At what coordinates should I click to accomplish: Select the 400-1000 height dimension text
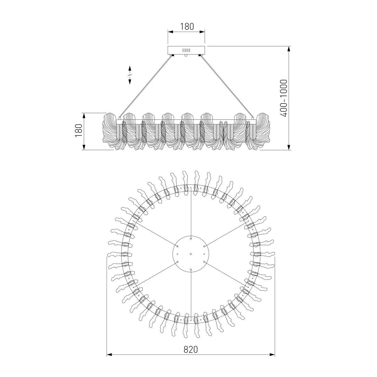(284, 98)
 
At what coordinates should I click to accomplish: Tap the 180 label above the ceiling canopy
(187, 26)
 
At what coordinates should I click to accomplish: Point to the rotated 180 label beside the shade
(79, 130)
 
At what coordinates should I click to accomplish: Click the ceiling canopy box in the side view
(186, 50)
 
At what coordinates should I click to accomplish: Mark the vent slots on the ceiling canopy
(186, 50)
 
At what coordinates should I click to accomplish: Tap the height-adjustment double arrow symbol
(129, 75)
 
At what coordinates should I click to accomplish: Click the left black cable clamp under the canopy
(172, 55)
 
